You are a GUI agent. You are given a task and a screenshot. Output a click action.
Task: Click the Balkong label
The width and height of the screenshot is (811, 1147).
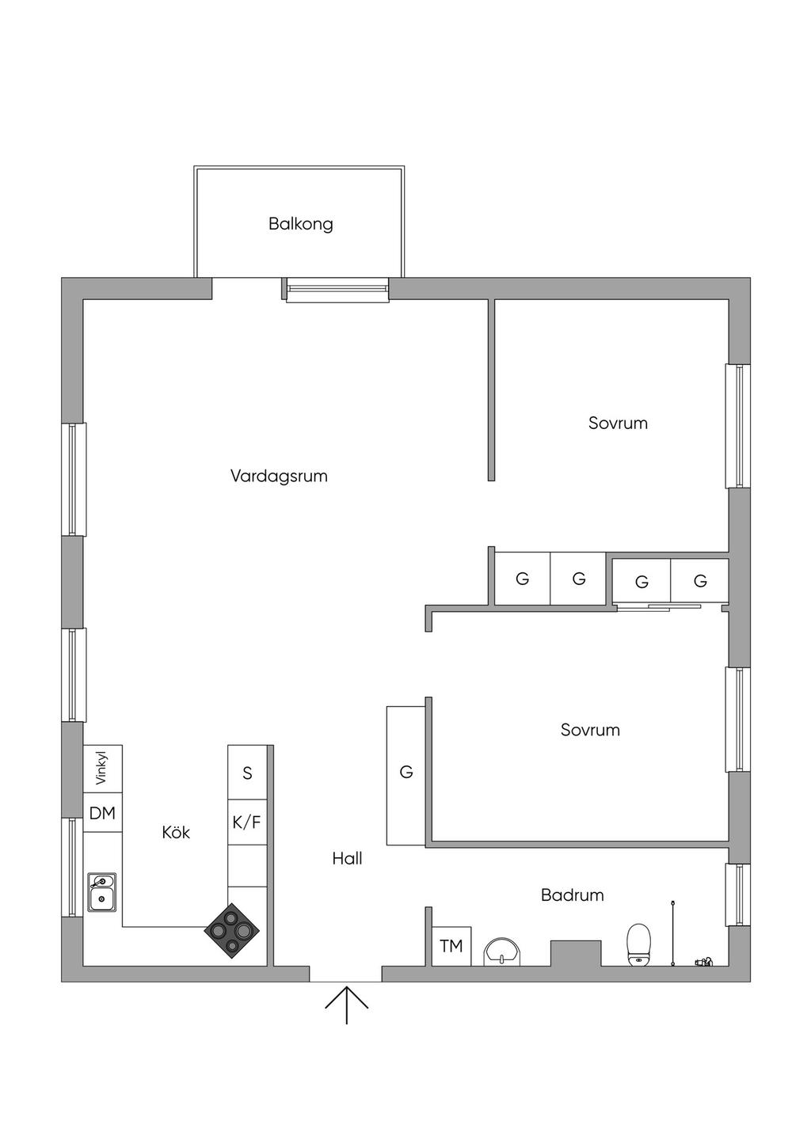tap(300, 224)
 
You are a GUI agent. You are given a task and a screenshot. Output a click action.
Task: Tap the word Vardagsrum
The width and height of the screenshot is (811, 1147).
tap(279, 476)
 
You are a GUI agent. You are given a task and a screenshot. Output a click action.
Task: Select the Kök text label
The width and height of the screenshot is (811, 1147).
tap(176, 833)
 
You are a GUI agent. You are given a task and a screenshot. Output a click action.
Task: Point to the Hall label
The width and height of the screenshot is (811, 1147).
tap(347, 858)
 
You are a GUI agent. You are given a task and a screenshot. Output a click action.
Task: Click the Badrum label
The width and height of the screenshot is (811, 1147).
tap(572, 895)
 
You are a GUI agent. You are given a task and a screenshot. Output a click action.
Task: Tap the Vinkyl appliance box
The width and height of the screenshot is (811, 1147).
tap(102, 768)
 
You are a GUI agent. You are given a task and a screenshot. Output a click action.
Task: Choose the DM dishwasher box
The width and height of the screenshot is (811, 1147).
tap(102, 813)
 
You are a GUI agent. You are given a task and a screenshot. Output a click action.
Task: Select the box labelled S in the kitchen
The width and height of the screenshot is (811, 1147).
tap(247, 773)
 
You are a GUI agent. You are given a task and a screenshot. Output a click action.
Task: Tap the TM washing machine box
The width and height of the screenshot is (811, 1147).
tap(451, 946)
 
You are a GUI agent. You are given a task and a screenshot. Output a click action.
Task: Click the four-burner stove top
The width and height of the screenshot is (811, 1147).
tap(231, 931)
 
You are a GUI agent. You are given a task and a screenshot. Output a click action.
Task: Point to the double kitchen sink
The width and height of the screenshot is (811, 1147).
tap(102, 891)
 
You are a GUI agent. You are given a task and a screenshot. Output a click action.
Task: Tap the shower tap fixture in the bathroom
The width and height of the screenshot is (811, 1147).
tap(703, 962)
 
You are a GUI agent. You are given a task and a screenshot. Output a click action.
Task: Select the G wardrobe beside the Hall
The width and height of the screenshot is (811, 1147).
tap(406, 773)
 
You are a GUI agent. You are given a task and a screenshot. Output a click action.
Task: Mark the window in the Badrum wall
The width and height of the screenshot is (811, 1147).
tap(738, 894)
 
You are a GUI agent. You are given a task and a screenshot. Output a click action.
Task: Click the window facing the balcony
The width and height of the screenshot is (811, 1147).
tap(337, 290)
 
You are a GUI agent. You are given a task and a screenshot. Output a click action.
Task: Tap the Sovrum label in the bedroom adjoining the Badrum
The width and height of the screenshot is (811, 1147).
tap(590, 730)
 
